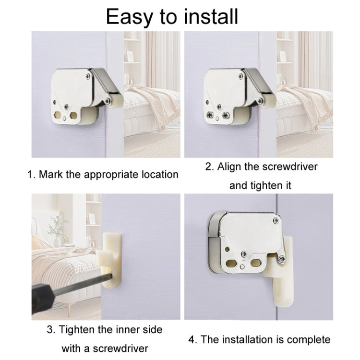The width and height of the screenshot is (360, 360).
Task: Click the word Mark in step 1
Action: coord(51,174)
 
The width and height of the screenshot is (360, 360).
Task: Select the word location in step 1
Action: coord(156,174)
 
